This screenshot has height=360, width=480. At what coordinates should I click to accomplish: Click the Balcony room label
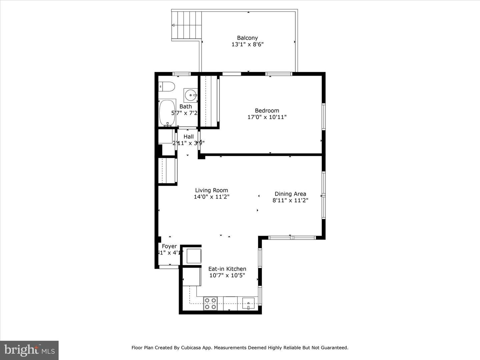(247, 38)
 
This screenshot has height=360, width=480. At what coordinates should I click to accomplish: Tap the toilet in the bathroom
(166, 87)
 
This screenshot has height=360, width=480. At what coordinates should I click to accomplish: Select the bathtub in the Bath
(167, 113)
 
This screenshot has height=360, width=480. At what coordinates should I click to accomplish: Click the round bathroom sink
(191, 95)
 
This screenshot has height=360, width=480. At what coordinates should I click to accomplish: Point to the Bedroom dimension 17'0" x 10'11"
(267, 117)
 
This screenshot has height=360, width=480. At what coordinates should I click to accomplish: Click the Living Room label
(211, 190)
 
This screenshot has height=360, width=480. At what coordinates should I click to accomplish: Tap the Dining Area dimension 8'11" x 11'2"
(290, 200)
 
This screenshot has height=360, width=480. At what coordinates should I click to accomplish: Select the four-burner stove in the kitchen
(210, 303)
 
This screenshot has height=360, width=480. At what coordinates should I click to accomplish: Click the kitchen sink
(248, 303)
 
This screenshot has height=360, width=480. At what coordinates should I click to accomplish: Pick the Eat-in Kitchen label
(227, 269)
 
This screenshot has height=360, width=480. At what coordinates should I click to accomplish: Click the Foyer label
(169, 246)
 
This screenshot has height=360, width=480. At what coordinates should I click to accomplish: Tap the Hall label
(188, 137)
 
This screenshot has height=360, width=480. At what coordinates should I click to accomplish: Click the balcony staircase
(187, 25)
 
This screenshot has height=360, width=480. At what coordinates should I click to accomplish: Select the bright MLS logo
(29, 350)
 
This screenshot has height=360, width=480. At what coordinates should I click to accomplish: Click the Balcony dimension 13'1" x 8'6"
(247, 44)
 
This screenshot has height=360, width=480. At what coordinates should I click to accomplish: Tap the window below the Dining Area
(292, 238)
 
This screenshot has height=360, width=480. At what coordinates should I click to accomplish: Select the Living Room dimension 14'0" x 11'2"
(211, 197)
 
